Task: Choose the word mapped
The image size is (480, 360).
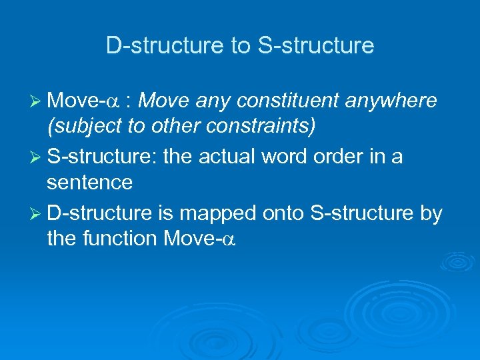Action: click(217, 214)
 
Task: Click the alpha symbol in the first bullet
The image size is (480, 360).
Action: click(114, 102)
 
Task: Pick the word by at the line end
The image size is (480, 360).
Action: click(431, 214)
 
